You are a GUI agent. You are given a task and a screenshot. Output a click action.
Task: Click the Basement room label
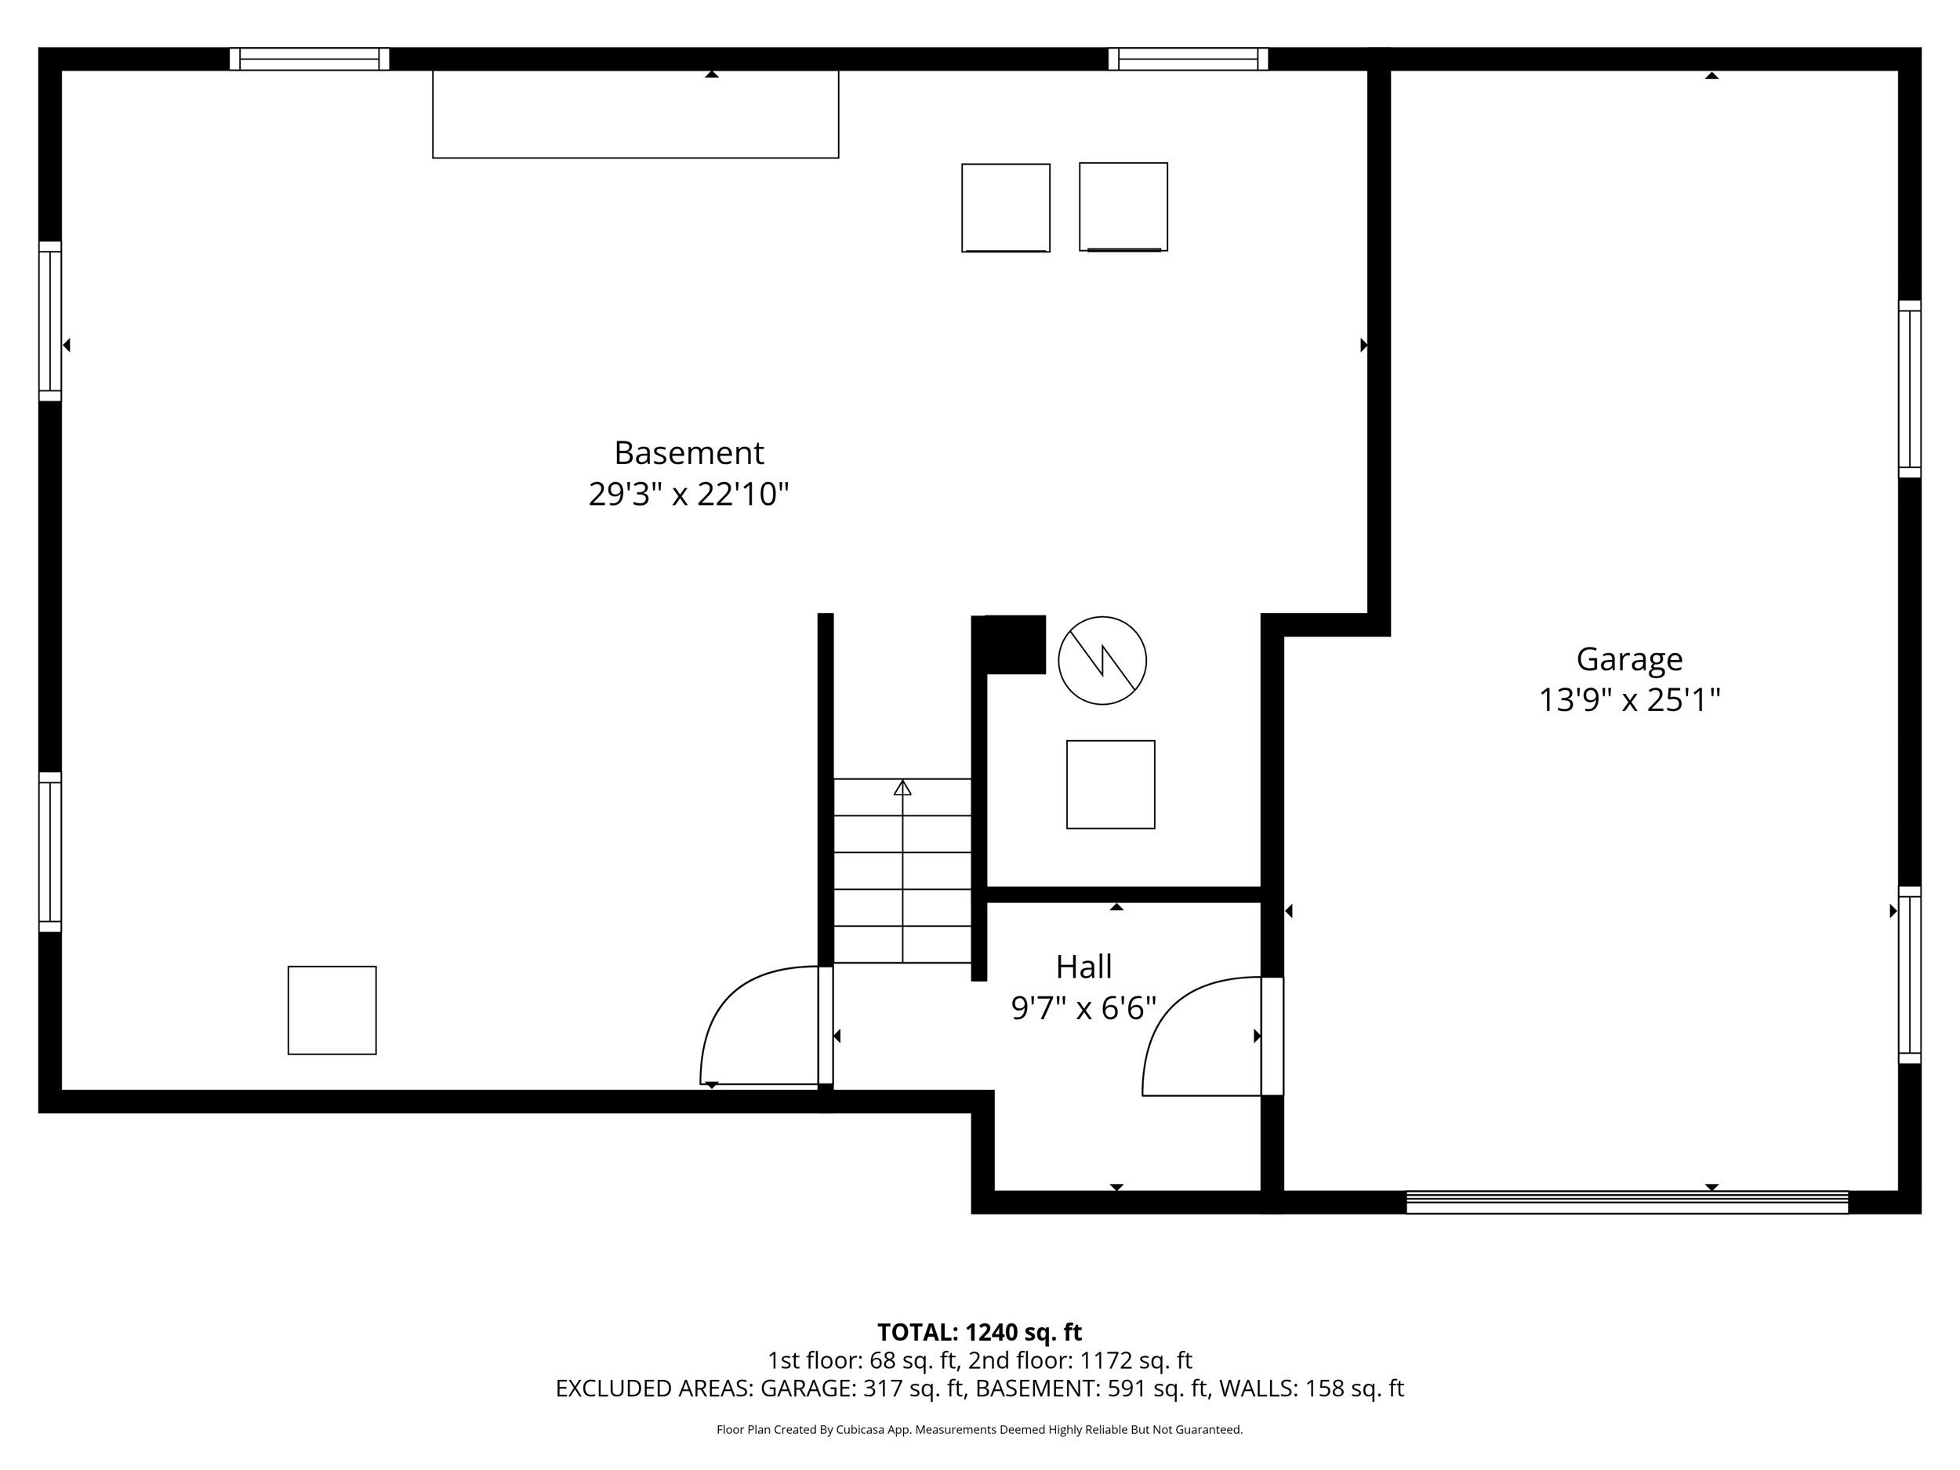pos(688,453)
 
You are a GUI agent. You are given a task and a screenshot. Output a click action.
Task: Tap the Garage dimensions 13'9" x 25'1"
pos(1628,701)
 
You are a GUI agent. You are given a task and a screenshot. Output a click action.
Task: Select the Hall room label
pos(1083,967)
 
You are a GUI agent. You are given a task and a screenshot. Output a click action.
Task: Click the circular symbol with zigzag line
pos(1102,660)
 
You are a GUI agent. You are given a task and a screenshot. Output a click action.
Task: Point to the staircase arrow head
pos(902,787)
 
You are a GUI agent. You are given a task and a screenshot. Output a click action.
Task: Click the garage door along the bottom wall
pos(1627,1203)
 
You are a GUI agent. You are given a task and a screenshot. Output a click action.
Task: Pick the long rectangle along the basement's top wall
pos(635,114)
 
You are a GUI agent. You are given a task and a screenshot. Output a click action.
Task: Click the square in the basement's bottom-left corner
pos(332,1010)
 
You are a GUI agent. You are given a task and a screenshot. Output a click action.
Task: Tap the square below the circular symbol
pos(1110,784)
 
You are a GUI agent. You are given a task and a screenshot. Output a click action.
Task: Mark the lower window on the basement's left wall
pos(50,851)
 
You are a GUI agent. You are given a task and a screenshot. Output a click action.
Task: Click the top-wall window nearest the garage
pos(1187,60)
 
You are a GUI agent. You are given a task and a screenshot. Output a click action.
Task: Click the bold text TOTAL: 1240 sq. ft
pos(979,1332)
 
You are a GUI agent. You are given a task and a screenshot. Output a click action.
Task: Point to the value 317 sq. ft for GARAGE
pos(913,1388)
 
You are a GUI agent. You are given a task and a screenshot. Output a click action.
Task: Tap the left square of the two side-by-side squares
pos(1006,207)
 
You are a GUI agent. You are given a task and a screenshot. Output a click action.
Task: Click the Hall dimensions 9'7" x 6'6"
pos(1083,1008)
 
